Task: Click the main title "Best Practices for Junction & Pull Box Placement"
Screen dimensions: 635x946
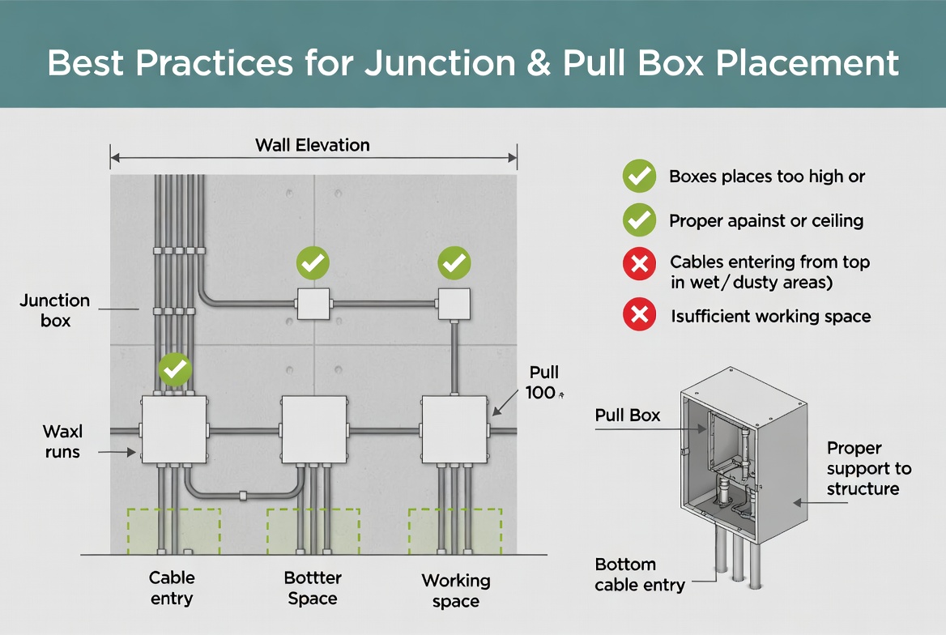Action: click(x=473, y=62)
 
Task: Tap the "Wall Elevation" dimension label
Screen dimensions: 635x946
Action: click(x=313, y=146)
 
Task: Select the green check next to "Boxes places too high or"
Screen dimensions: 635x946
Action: click(x=639, y=176)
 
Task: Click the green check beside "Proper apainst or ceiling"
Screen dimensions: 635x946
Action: click(x=639, y=220)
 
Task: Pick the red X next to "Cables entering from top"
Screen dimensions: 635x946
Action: click(x=639, y=264)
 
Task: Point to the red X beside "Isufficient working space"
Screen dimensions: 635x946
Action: click(x=639, y=315)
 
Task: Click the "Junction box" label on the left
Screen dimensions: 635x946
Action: click(x=55, y=311)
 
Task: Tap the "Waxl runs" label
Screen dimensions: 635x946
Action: click(x=62, y=441)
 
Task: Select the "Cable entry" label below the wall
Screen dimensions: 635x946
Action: click(x=172, y=588)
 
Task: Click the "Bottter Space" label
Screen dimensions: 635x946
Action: click(x=313, y=588)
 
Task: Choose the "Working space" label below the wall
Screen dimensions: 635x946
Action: click(x=455, y=590)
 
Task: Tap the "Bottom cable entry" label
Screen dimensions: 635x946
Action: click(x=639, y=574)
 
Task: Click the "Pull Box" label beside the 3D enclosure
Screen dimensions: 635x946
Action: click(x=628, y=416)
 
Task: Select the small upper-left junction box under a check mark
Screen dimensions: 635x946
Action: click(x=313, y=304)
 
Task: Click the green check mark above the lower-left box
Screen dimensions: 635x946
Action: click(x=175, y=369)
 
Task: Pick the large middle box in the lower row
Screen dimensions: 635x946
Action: click(x=313, y=429)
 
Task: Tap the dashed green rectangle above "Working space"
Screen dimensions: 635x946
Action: click(x=454, y=531)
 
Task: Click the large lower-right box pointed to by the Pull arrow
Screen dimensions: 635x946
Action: click(x=454, y=429)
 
